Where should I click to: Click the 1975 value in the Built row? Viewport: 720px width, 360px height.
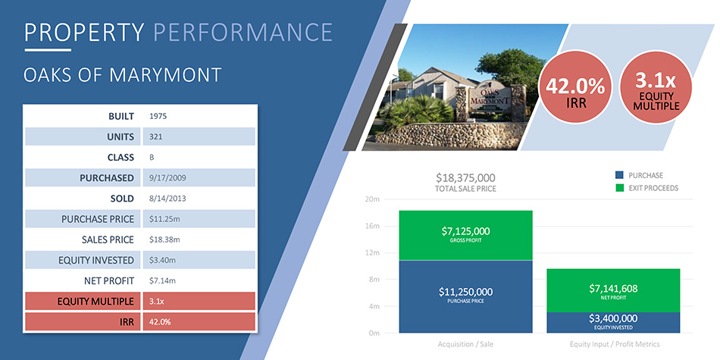click(x=158, y=116)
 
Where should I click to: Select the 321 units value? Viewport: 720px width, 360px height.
click(x=155, y=137)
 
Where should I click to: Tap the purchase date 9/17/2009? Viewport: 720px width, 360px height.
click(x=167, y=177)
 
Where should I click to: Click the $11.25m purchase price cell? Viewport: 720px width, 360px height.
click(x=164, y=219)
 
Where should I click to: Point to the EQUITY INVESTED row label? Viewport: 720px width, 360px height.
click(x=96, y=261)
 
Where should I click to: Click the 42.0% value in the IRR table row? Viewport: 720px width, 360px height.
click(x=160, y=322)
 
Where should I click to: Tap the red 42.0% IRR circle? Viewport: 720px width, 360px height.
click(x=576, y=87)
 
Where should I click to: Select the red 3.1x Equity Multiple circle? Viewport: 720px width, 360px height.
click(x=656, y=87)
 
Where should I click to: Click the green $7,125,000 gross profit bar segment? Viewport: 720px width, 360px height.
click(x=465, y=236)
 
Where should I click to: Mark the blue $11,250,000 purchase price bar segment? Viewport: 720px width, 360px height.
click(x=465, y=296)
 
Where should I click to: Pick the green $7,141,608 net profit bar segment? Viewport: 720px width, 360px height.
click(x=613, y=291)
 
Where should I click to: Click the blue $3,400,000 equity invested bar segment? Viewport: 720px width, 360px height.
click(x=613, y=323)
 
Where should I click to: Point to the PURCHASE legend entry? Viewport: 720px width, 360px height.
click(x=639, y=175)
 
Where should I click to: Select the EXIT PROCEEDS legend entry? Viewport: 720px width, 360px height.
click(x=646, y=188)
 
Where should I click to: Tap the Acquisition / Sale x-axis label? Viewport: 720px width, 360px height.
click(x=465, y=344)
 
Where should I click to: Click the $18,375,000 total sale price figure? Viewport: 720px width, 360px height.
click(x=465, y=177)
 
